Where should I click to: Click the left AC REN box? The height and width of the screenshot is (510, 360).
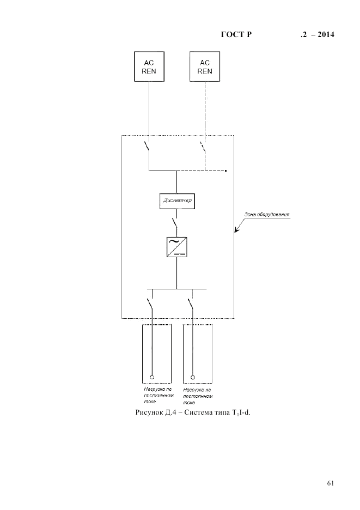149,67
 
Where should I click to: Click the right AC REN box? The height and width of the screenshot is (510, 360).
205,67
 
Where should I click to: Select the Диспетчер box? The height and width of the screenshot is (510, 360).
177,201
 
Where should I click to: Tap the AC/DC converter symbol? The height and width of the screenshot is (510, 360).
177,247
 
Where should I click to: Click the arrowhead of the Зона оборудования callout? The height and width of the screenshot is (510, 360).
236,231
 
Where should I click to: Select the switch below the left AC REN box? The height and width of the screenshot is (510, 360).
147,148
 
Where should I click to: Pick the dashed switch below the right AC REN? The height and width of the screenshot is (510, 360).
203,148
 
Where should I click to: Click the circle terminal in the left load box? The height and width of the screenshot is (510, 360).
152,376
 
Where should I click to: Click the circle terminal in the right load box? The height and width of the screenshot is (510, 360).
193,376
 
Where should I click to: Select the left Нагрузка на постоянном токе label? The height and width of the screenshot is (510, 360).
155,396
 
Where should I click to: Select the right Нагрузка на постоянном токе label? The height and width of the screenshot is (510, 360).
197,396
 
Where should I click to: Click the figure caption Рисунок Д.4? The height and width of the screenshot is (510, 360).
196,412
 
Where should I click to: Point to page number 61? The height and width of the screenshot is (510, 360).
330,483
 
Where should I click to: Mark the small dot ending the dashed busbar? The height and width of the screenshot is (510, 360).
225,171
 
